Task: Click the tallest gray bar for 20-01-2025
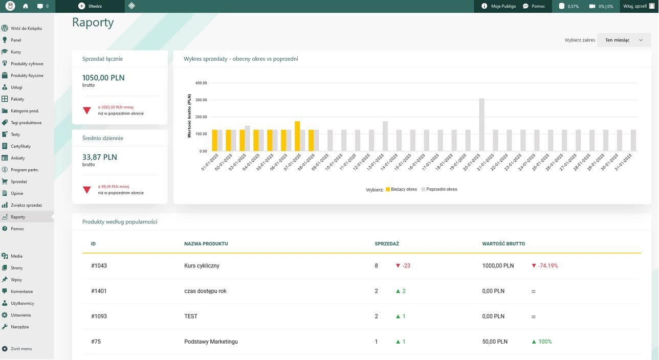click(x=481, y=125)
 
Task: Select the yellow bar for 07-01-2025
click(x=297, y=136)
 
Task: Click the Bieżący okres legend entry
click(x=401, y=189)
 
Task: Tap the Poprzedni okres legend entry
click(x=439, y=189)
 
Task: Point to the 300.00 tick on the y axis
click(x=201, y=100)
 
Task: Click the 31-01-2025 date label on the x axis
click(x=623, y=163)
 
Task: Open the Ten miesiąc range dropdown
click(x=624, y=40)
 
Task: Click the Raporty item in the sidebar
click(x=18, y=217)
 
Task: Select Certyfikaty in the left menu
click(x=20, y=146)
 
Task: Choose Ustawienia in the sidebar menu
click(x=20, y=315)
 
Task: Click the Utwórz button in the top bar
click(x=91, y=6)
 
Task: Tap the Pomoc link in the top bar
click(x=534, y=6)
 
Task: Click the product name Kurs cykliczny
click(x=202, y=265)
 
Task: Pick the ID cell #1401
click(x=99, y=291)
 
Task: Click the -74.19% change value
click(x=548, y=265)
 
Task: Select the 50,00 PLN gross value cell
click(x=495, y=342)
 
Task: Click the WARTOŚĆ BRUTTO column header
click(x=503, y=243)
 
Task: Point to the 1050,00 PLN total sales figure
click(x=103, y=78)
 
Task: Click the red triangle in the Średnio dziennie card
click(x=87, y=190)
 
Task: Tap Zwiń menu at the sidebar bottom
click(x=21, y=349)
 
